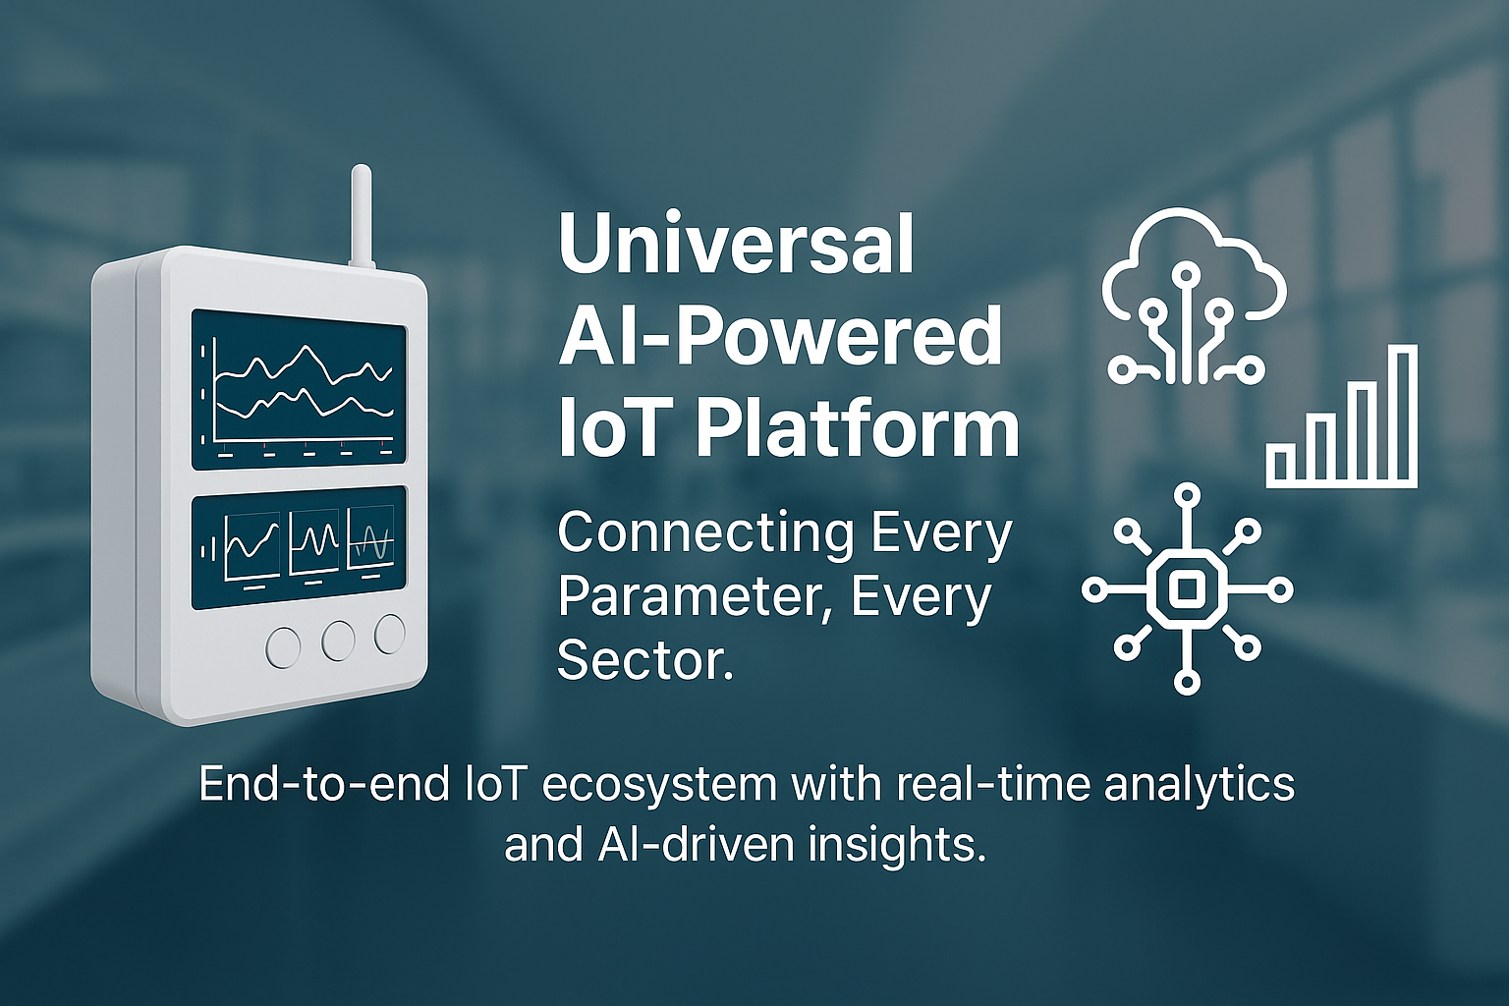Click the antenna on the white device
tap(361, 216)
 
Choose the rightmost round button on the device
tap(390, 634)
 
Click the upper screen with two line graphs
tap(299, 390)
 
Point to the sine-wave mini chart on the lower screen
tap(371, 538)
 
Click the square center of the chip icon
tap(1187, 588)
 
